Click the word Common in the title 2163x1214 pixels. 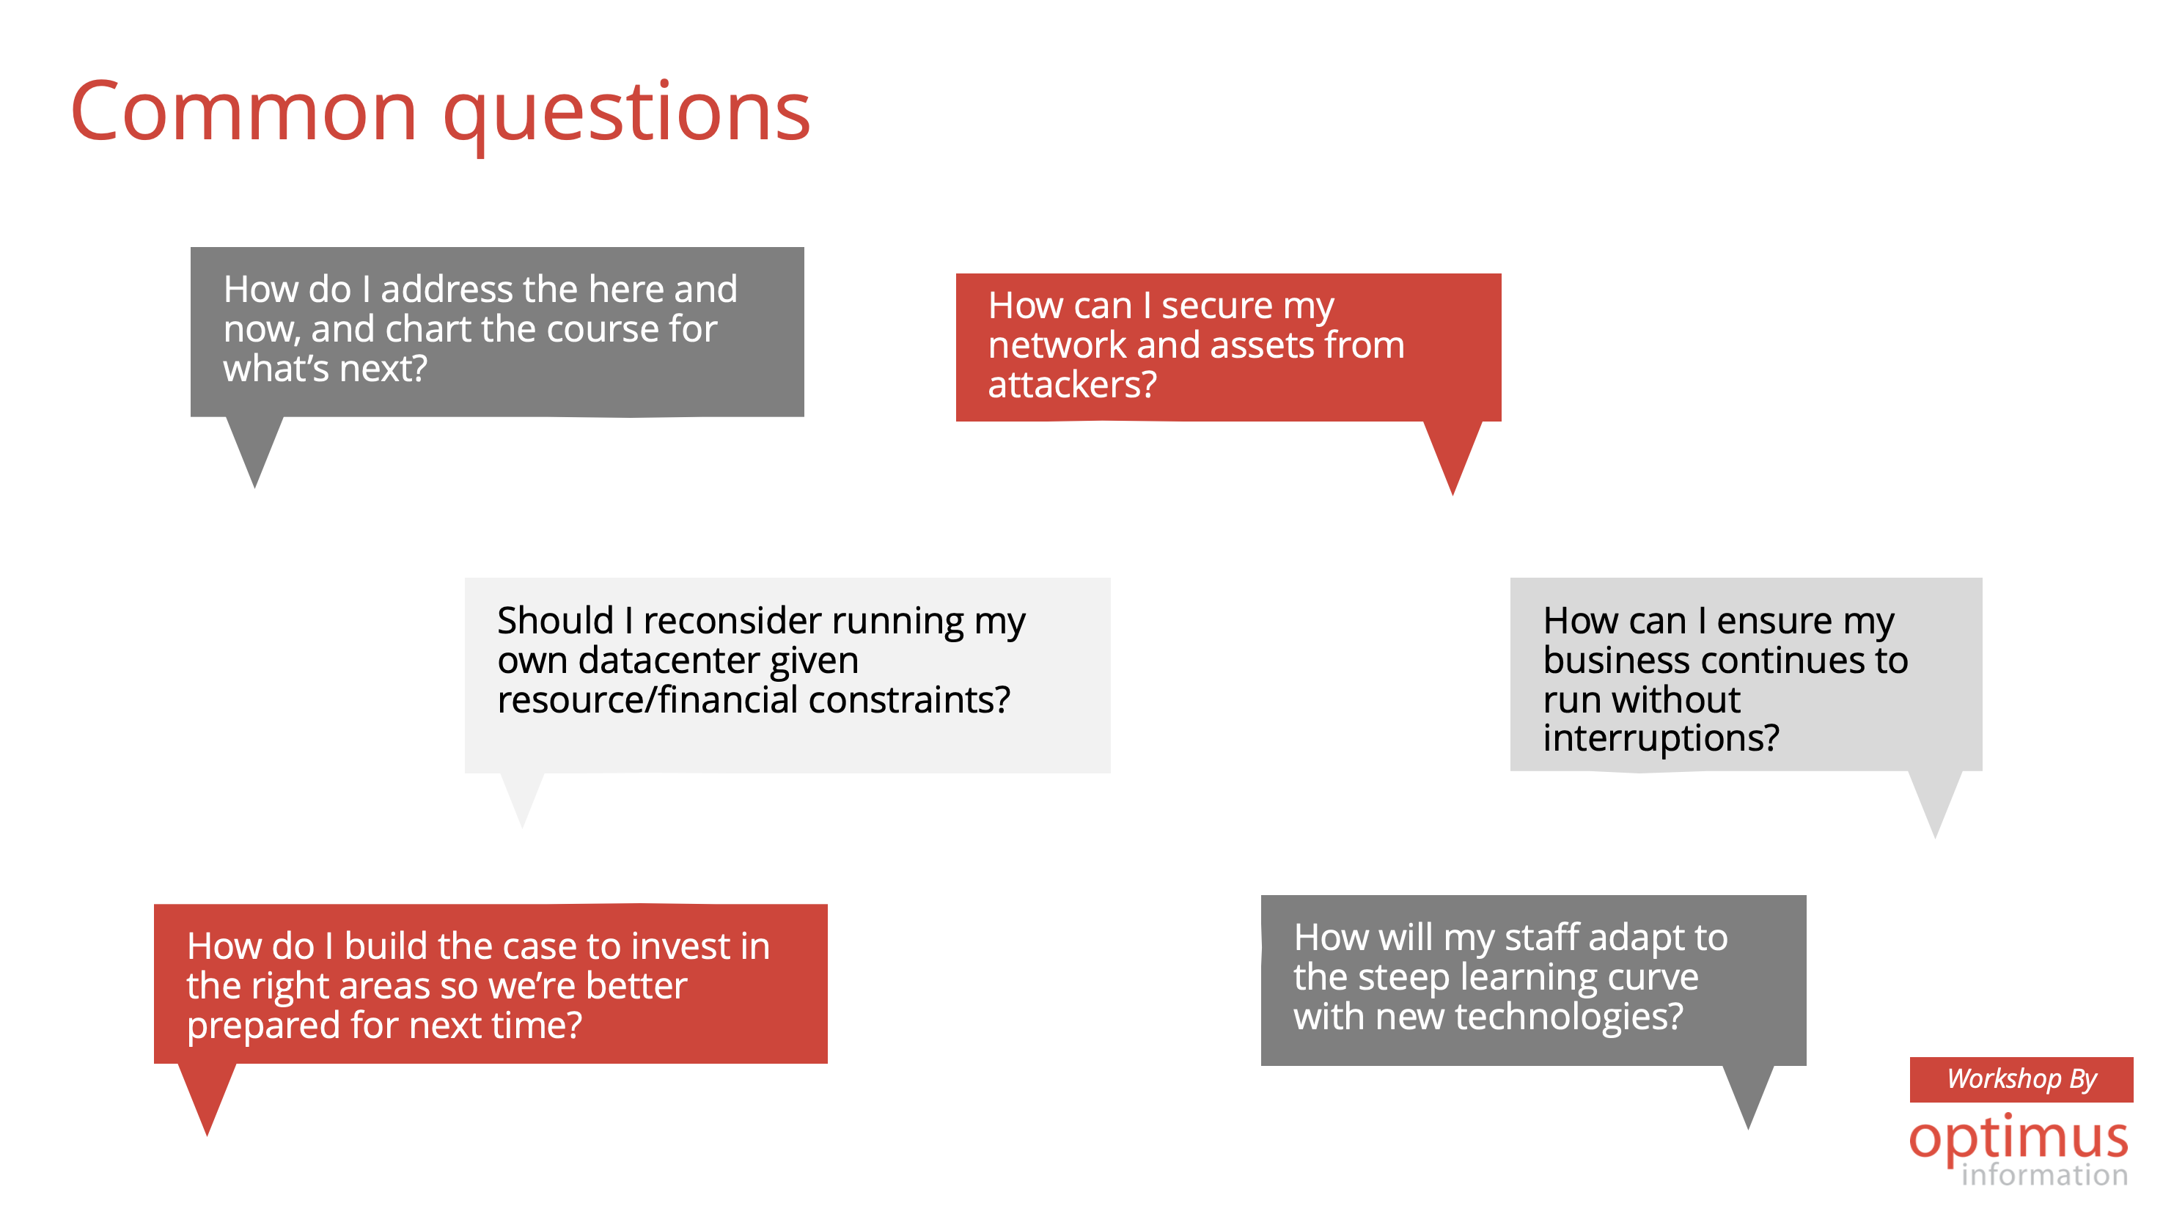point(243,111)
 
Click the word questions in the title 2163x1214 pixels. point(626,117)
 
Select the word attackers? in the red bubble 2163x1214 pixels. point(1072,385)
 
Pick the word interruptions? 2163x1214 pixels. point(1661,739)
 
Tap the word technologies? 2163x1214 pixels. point(1568,1017)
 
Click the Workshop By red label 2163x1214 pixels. point(2020,1079)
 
